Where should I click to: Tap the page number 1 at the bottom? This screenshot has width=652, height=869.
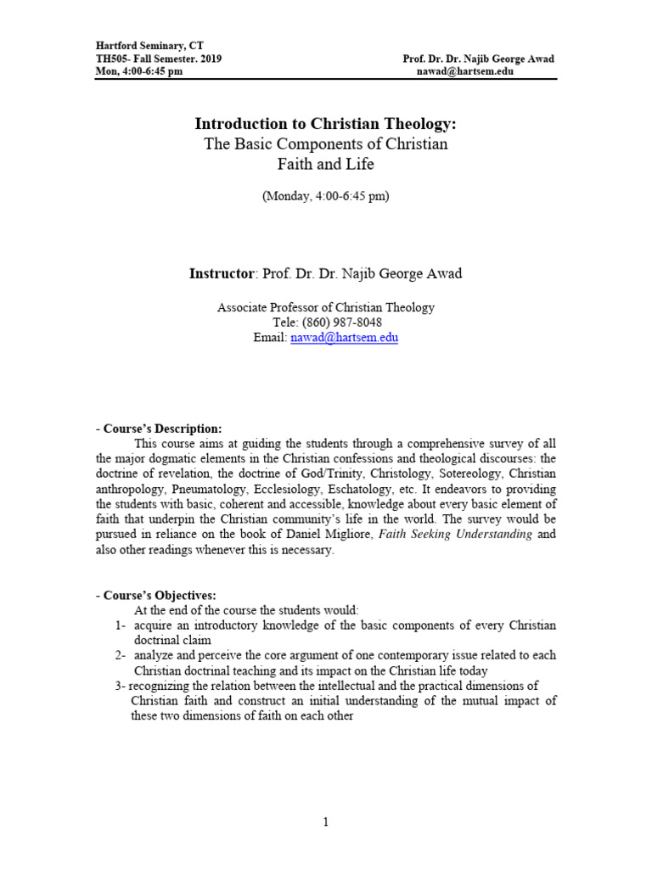326,822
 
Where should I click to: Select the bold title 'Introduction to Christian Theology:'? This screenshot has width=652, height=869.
326,124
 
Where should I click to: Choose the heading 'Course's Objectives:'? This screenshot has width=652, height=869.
160,595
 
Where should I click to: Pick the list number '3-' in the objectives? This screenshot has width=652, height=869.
121,686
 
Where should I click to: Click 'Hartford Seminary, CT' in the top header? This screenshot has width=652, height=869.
149,45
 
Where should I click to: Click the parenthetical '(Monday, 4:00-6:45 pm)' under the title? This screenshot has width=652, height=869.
326,195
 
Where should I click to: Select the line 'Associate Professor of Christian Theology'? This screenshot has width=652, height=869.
326,308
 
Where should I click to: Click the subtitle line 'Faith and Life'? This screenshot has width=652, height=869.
326,165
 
